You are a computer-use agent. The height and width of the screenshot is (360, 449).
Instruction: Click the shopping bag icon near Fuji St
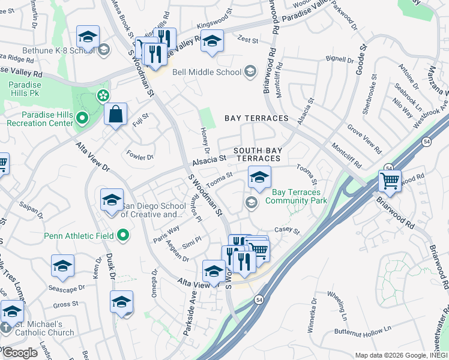point(115,113)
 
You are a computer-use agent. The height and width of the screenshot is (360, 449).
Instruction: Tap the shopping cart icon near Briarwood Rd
point(390,180)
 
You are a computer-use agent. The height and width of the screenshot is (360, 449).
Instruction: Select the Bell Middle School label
point(206,72)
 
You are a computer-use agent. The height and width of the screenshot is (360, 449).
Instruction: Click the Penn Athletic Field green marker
point(124,235)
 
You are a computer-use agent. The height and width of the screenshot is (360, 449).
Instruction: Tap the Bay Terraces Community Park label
point(300,197)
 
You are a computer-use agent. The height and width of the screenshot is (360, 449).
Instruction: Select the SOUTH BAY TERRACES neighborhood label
point(257,154)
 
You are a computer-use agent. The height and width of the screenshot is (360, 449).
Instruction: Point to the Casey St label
point(286,230)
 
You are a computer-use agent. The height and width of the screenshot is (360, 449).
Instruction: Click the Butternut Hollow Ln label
point(362,329)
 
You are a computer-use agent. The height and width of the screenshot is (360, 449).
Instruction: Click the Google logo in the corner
point(20,353)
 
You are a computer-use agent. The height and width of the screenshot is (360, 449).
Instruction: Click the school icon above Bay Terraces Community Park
point(259,176)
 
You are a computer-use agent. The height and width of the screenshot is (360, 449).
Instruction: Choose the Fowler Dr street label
point(140,156)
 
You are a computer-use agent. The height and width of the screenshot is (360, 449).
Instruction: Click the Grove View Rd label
point(364,138)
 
